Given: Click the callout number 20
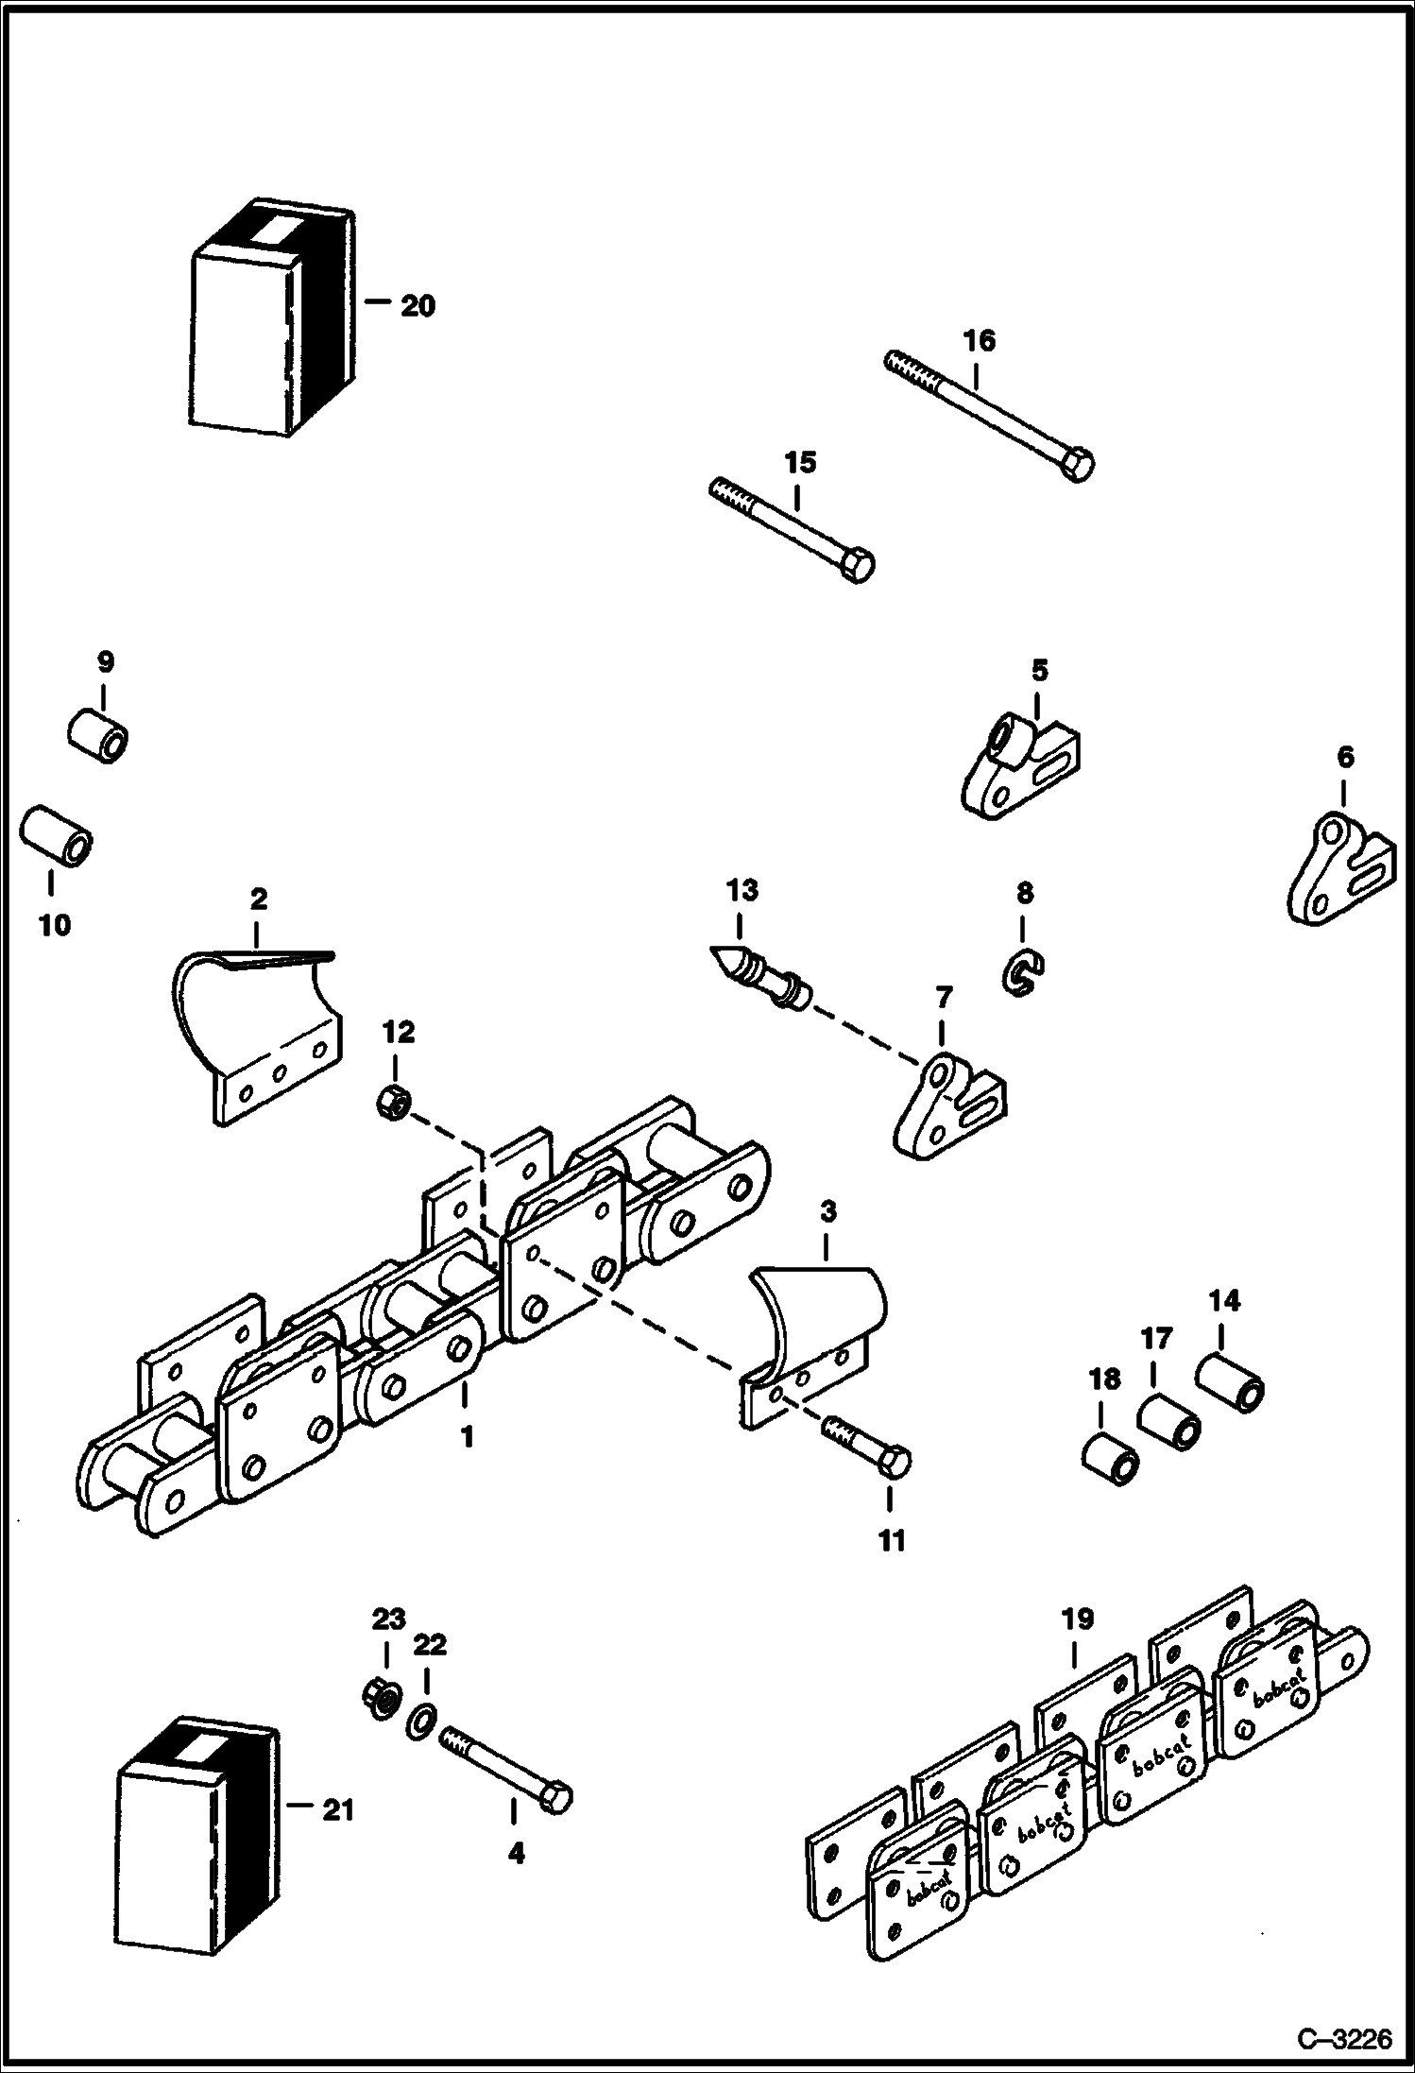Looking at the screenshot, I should coord(418,306).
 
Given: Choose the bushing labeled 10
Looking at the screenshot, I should coord(57,834).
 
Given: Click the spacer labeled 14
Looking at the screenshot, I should coord(1231,1395).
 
